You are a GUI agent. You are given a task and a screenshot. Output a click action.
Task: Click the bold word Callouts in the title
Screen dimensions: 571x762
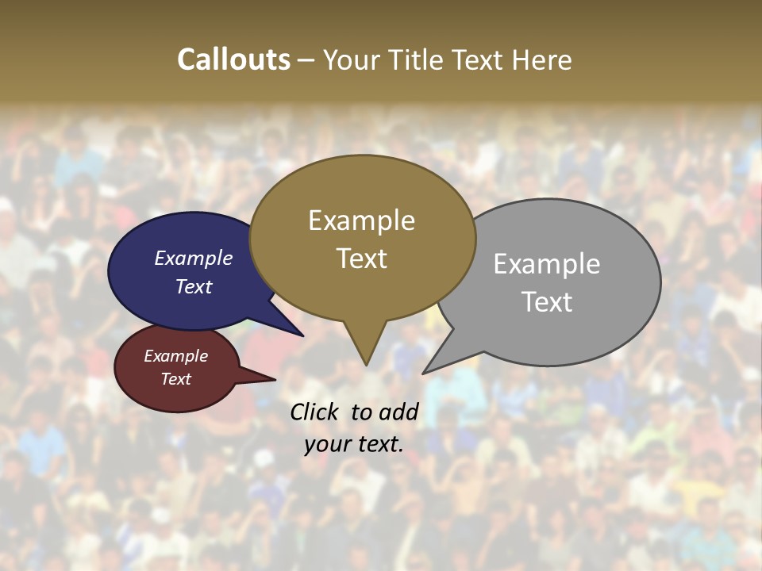point(233,59)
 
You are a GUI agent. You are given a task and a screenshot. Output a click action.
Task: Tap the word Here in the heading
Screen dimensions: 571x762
point(542,59)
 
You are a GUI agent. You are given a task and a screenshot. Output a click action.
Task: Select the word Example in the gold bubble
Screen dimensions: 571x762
point(361,220)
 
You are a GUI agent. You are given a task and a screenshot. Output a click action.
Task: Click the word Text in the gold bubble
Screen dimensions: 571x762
point(361,259)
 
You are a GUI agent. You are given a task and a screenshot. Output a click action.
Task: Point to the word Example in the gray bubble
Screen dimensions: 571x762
point(547,264)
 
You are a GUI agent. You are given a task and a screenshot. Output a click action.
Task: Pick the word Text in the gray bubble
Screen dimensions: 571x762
point(547,302)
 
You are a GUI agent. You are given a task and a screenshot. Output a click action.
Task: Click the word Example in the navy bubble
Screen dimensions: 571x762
point(194,258)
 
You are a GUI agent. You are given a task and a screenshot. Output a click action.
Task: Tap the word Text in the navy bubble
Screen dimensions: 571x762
point(194,286)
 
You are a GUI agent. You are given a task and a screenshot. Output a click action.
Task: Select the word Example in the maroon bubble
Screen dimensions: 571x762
point(175,356)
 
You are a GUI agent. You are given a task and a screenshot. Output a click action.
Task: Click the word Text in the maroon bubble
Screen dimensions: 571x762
point(175,379)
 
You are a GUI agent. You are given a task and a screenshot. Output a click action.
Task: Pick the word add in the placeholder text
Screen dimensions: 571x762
point(398,412)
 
